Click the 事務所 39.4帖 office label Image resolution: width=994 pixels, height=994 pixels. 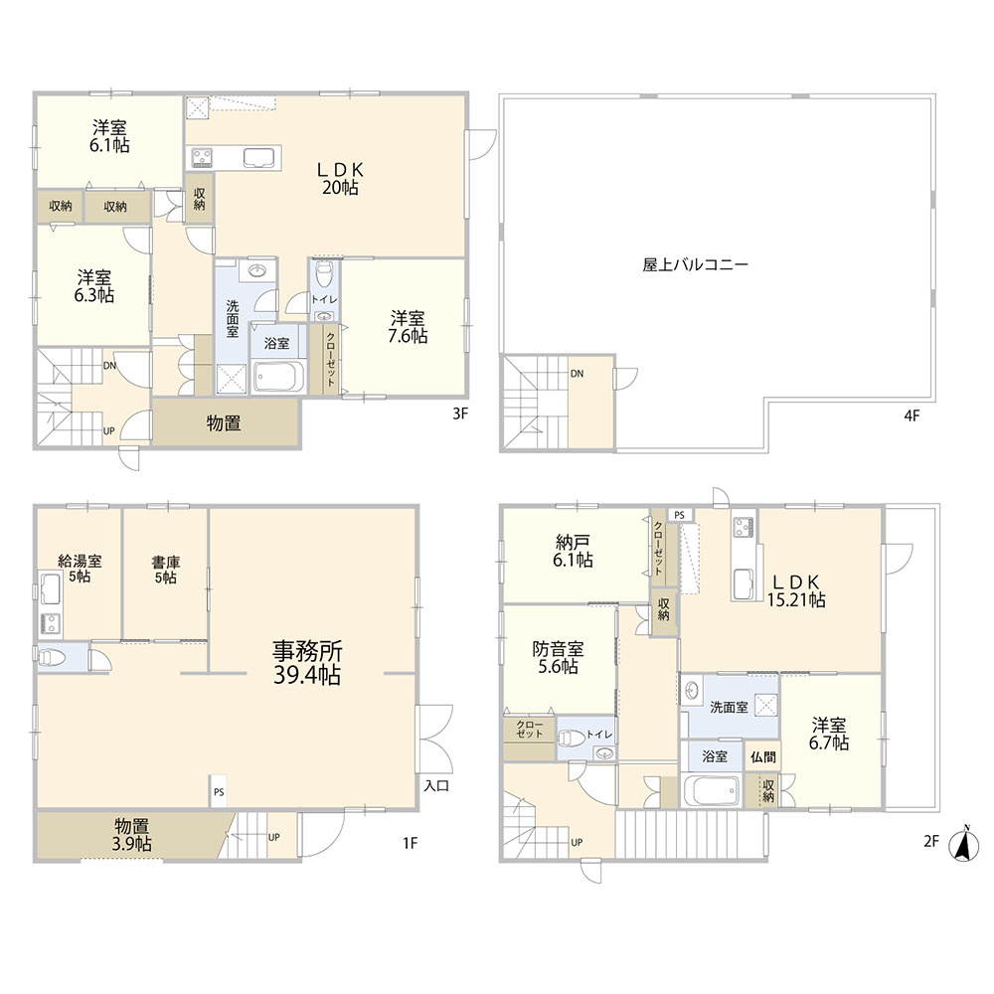(307, 663)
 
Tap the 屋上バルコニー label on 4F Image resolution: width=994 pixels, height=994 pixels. (696, 264)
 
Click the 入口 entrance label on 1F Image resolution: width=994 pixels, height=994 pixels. (436, 786)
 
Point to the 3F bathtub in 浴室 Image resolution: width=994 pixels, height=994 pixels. (278, 377)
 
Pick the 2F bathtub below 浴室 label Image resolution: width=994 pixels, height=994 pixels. (713, 790)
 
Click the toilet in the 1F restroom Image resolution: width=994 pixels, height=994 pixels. (52, 657)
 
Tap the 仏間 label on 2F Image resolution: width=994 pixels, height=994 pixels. (763, 756)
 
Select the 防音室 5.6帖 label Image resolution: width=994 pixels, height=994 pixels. (558, 657)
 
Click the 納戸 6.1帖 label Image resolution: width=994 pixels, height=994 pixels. (574, 551)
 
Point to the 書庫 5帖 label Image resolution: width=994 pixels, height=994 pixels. (165, 570)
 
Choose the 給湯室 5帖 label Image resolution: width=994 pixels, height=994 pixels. (80, 568)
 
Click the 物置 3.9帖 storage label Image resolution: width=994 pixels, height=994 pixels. (132, 835)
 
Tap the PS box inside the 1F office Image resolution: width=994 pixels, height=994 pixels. (219, 791)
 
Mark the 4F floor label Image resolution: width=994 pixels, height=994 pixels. (911, 415)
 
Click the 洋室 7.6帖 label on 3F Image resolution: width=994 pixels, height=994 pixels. (408, 326)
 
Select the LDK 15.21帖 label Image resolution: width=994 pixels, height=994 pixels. (796, 590)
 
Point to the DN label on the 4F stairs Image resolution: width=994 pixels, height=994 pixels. (577, 374)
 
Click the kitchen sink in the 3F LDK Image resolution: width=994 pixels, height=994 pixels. (259, 158)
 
